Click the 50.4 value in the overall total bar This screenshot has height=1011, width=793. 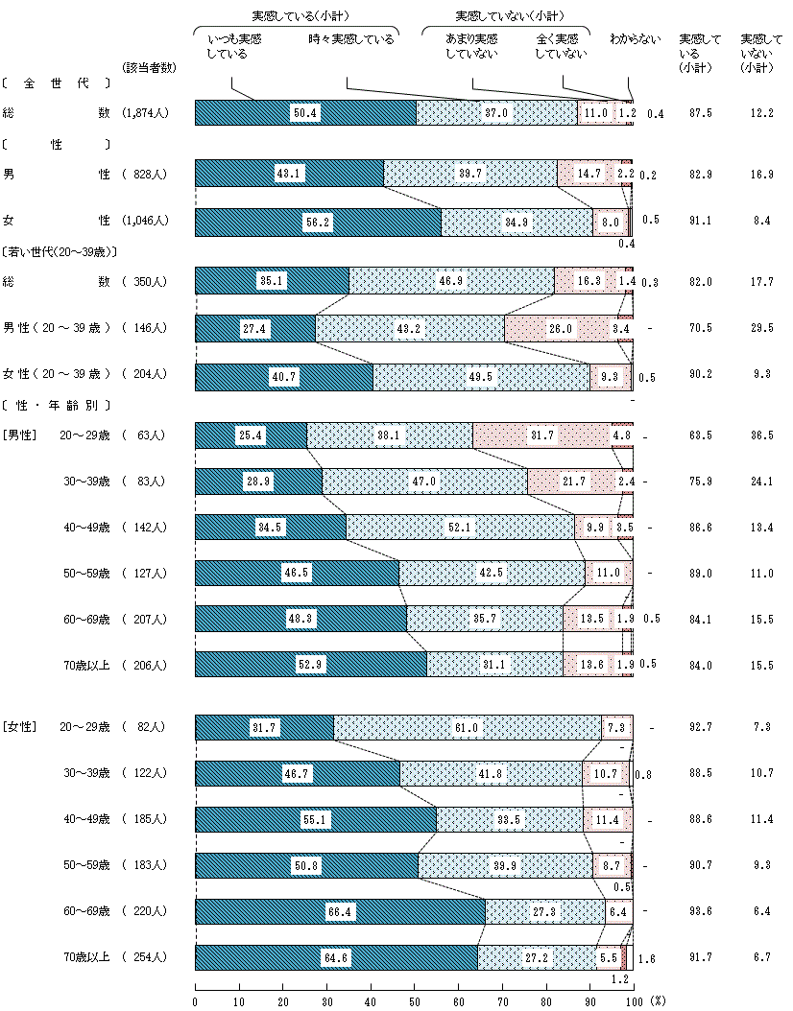(x=305, y=112)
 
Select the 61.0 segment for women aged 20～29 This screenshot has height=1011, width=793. (x=467, y=728)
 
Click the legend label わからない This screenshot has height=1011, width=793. (x=635, y=39)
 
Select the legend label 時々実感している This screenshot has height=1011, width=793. (x=351, y=39)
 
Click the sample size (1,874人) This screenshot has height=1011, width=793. (x=147, y=112)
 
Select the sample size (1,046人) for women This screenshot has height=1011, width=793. (x=147, y=220)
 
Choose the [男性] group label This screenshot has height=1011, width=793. (x=19, y=435)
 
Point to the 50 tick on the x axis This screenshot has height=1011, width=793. (x=415, y=1000)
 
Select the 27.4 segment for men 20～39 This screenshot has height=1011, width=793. (x=254, y=328)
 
